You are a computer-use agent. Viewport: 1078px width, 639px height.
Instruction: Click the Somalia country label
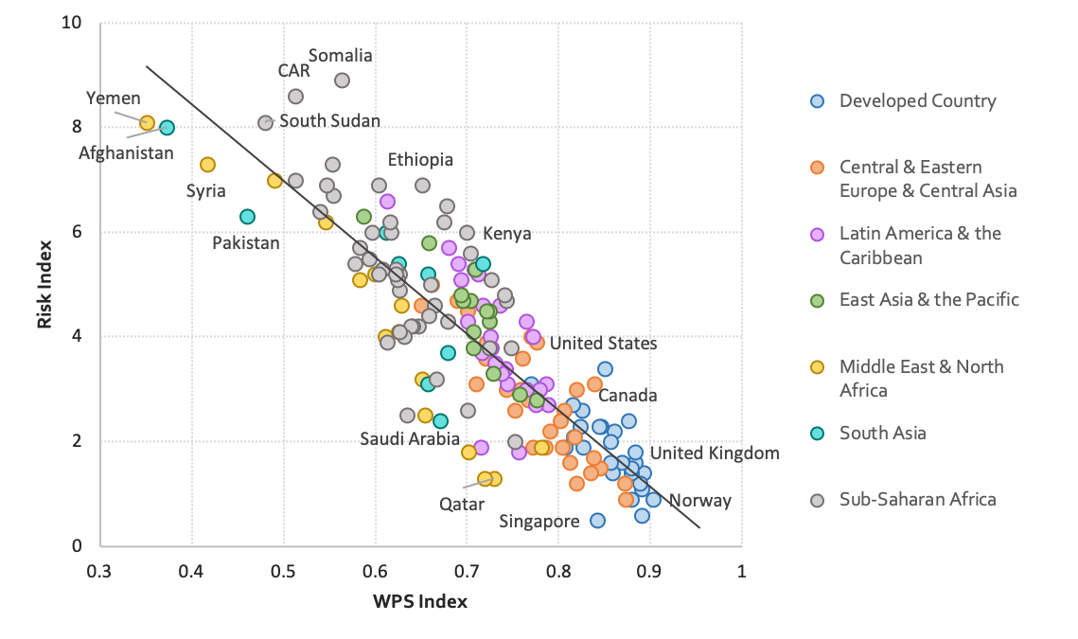point(341,56)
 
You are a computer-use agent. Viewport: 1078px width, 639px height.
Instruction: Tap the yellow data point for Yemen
point(148,123)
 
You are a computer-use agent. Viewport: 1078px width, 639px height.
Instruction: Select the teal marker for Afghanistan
point(167,128)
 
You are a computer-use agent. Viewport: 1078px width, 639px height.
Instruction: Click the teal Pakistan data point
point(247,217)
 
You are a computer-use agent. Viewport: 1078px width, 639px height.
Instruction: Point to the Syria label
point(205,191)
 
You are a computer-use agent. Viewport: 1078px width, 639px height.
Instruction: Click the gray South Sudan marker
point(266,123)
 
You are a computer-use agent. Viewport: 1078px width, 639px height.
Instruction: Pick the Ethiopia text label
point(420,160)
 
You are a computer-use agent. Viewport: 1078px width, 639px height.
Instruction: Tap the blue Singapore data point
point(597,520)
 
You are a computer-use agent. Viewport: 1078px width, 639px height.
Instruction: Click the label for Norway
point(700,501)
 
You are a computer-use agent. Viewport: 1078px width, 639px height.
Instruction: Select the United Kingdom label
point(715,453)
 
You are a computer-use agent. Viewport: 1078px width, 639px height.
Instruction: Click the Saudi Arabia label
point(410,439)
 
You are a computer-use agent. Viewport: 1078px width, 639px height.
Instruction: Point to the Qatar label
point(462,505)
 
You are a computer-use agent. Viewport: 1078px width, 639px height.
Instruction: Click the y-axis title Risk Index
point(44,284)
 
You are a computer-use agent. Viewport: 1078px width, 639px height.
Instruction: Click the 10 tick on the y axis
point(70,23)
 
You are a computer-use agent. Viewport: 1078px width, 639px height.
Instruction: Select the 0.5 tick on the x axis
point(284,572)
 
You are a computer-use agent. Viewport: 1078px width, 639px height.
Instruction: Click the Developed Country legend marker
point(819,101)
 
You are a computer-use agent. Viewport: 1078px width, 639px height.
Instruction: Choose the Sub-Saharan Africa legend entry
point(917,499)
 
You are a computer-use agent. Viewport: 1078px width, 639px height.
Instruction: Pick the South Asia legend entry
point(882,433)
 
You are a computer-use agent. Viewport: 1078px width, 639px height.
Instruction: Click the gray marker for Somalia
point(343,80)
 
